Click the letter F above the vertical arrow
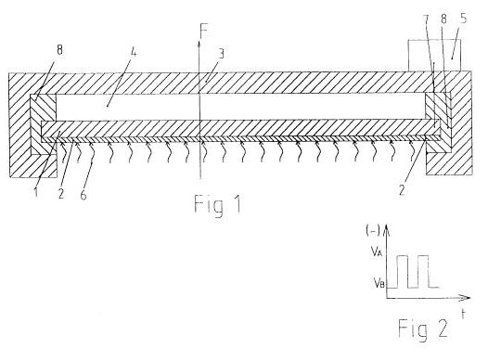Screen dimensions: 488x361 (204, 31)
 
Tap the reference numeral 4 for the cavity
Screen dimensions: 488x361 (134, 53)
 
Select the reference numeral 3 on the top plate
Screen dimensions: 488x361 (221, 54)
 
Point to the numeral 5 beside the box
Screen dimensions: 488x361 (463, 19)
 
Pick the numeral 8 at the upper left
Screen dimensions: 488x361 (59, 50)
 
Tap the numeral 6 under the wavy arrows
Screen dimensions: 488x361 (83, 195)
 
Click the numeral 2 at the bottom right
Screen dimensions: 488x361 (402, 189)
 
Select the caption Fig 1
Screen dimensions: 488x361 (217, 205)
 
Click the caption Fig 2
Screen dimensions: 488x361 (423, 328)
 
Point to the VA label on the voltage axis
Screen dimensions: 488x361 (377, 251)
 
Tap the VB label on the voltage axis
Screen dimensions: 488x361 (379, 283)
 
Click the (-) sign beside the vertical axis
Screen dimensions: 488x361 (373, 230)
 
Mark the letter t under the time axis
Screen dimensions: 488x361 (463, 314)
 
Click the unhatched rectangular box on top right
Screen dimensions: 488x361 (434, 56)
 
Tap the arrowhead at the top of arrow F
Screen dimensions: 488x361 (199, 43)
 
